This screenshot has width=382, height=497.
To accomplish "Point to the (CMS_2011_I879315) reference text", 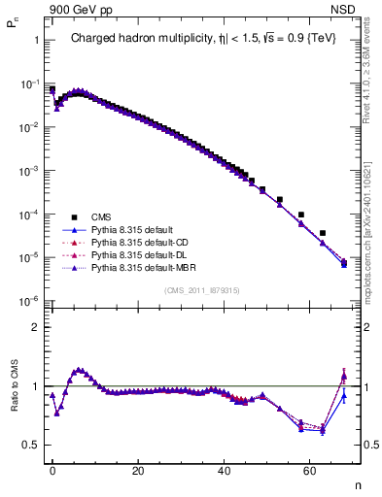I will [x=204, y=290].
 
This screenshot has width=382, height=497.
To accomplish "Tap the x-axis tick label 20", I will [x=138, y=470].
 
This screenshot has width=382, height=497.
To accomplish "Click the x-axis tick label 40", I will [x=224, y=470].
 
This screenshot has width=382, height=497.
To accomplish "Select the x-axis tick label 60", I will [x=309, y=470].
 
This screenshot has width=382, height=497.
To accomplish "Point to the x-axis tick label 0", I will [x=52, y=470].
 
